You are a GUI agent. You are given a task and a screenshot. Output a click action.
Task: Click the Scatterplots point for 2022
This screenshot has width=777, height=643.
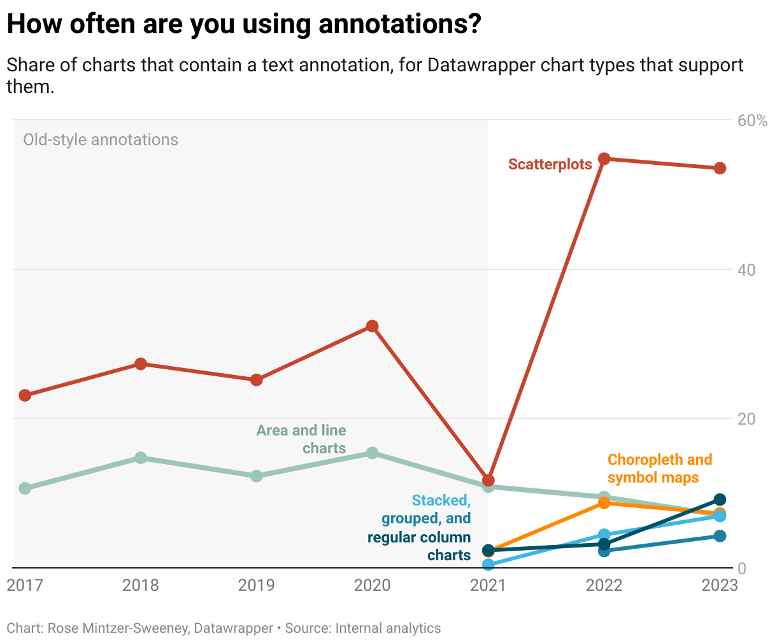604,159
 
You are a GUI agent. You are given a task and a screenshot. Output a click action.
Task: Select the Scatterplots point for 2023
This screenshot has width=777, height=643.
720,168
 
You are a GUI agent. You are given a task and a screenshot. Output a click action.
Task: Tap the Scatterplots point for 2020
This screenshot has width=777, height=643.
373,327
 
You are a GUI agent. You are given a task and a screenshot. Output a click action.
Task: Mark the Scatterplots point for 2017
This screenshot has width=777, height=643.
25,395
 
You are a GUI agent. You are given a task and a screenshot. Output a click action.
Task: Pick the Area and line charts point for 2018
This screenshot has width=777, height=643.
141,458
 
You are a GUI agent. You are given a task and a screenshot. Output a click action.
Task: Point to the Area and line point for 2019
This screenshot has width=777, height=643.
257,476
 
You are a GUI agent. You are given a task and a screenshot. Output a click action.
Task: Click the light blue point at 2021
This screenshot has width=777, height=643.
488,564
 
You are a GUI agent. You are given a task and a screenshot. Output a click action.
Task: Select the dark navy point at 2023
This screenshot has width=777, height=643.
720,500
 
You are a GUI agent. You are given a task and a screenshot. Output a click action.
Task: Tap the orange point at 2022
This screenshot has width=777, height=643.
604,503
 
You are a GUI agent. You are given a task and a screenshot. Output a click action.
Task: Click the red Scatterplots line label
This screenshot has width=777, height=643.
550,164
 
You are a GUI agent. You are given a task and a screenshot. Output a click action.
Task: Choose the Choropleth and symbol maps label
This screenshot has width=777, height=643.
659,469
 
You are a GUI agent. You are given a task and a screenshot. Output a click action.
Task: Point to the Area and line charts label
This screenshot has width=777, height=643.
301,439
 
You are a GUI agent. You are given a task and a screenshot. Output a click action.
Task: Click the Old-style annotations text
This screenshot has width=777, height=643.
101,139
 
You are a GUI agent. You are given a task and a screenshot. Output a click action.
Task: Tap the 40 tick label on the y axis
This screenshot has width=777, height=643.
746,270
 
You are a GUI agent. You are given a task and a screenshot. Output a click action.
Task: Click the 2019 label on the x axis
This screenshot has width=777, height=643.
257,585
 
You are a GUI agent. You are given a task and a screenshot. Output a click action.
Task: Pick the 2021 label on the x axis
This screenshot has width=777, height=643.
488,585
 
